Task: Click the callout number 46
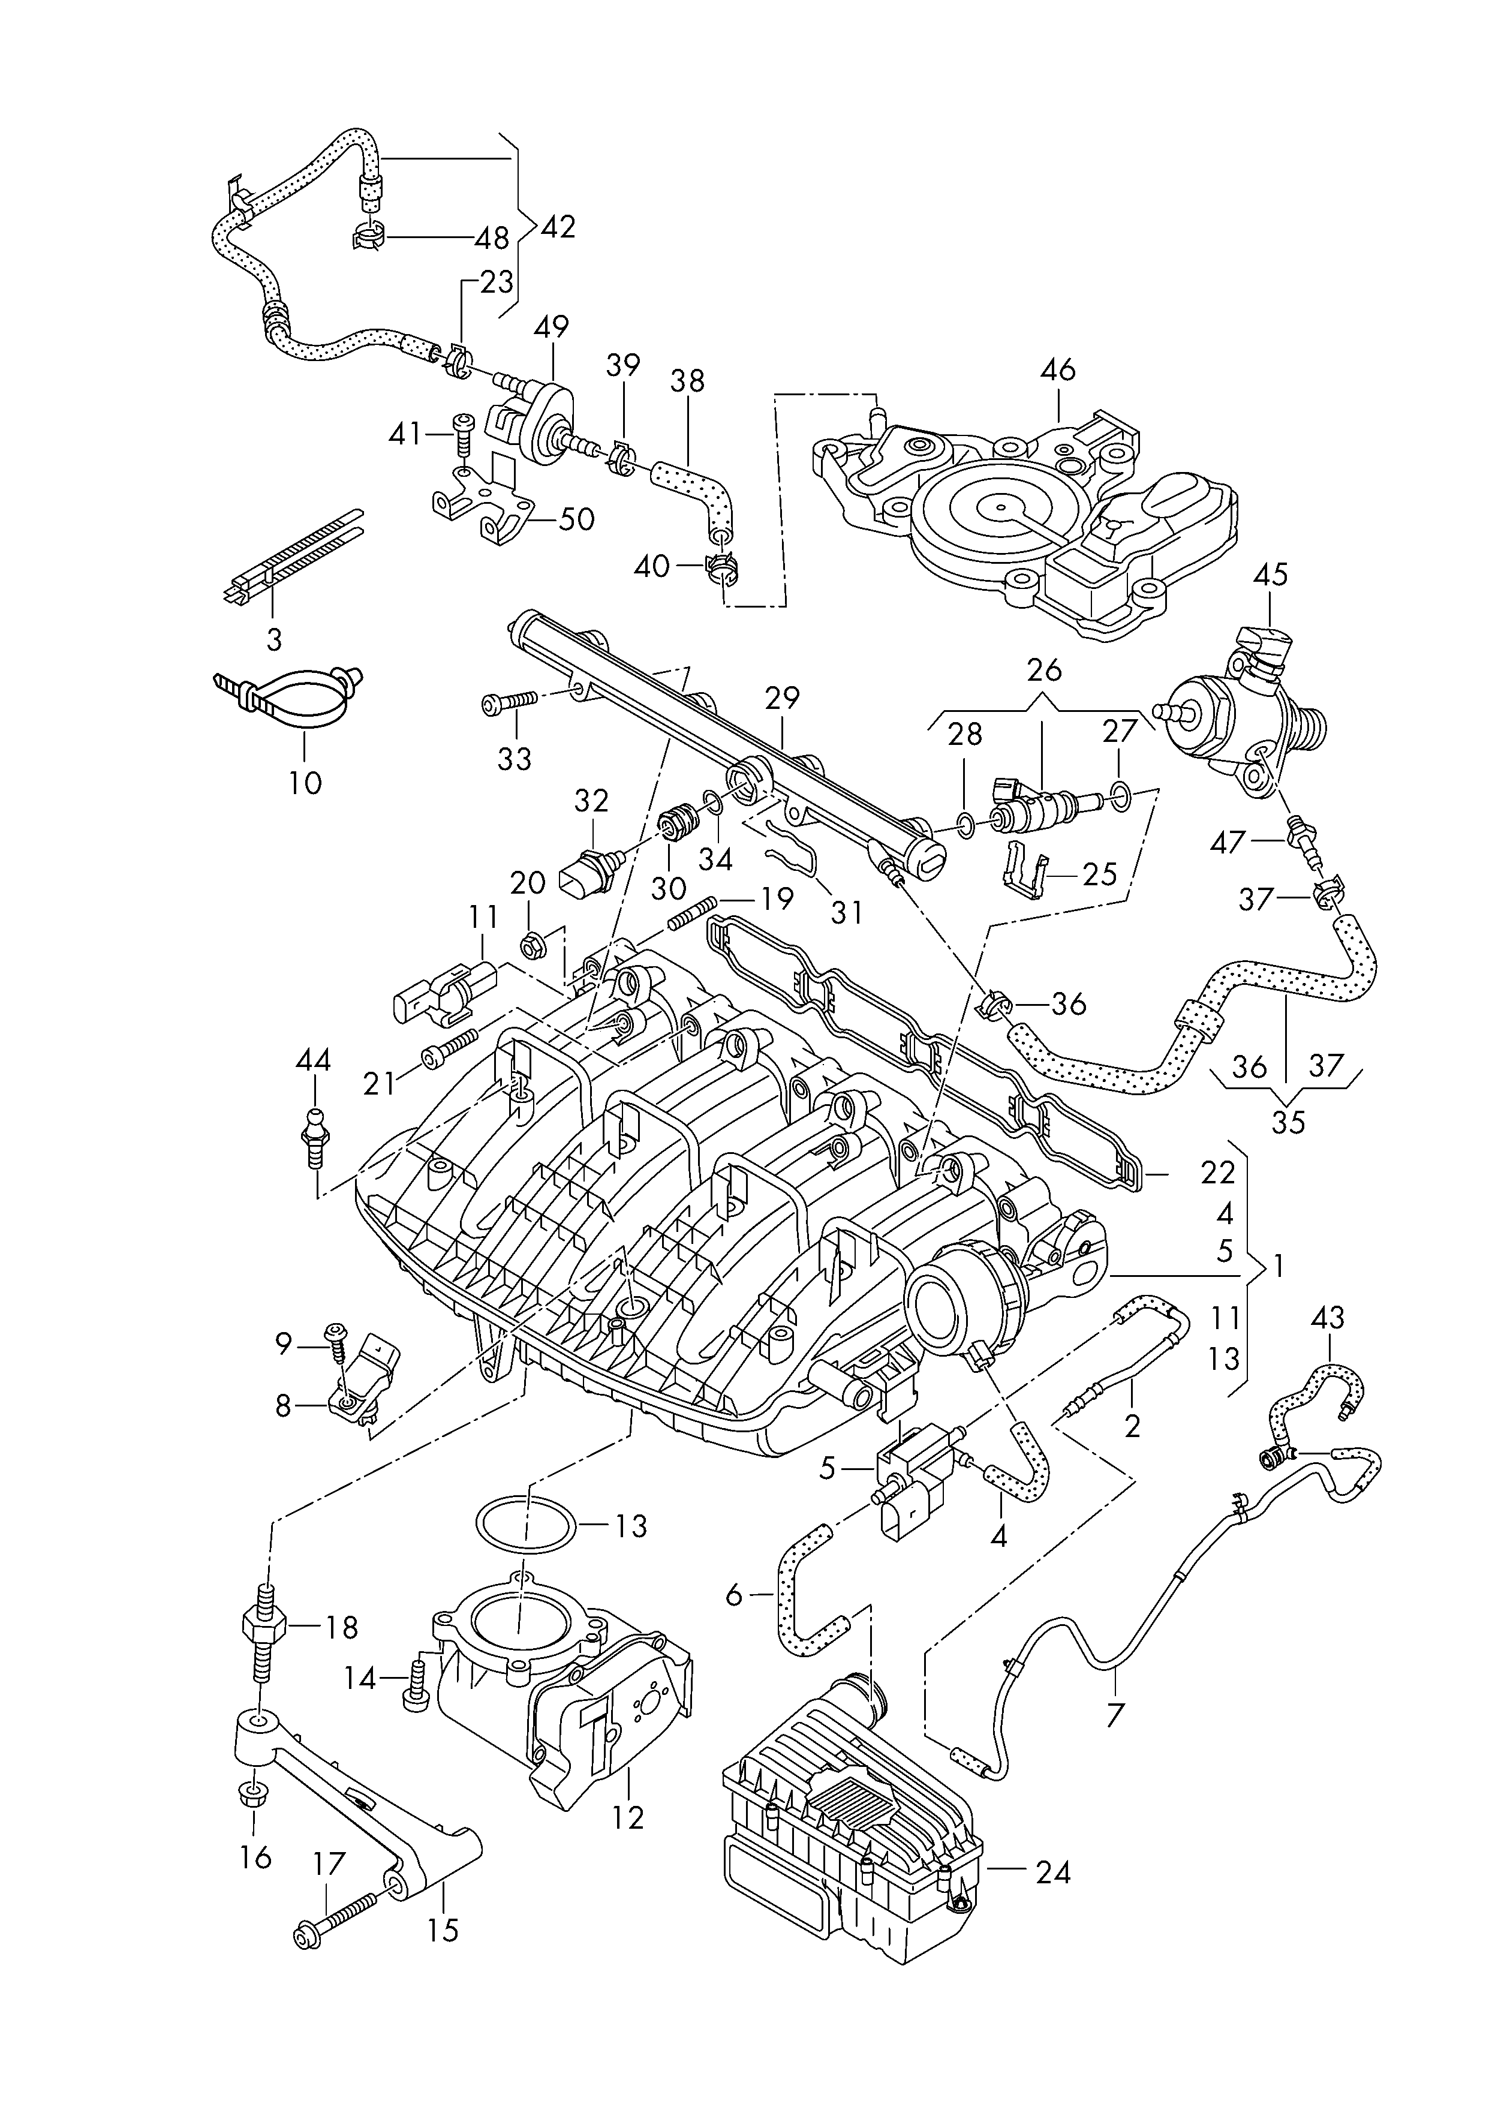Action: tap(1057, 371)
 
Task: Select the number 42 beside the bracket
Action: tap(558, 227)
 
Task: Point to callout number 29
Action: tap(782, 699)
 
